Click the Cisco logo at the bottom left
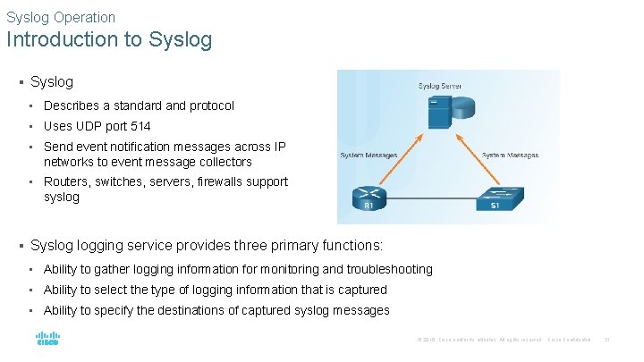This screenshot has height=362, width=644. tap(47, 340)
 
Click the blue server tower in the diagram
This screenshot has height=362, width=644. tap(437, 112)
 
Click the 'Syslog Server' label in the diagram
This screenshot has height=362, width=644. tap(441, 86)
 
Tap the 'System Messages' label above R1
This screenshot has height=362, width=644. tap(369, 156)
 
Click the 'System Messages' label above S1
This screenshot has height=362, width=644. tap(510, 156)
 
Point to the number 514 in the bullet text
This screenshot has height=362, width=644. tap(140, 126)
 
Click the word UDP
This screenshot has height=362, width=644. tap(89, 126)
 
